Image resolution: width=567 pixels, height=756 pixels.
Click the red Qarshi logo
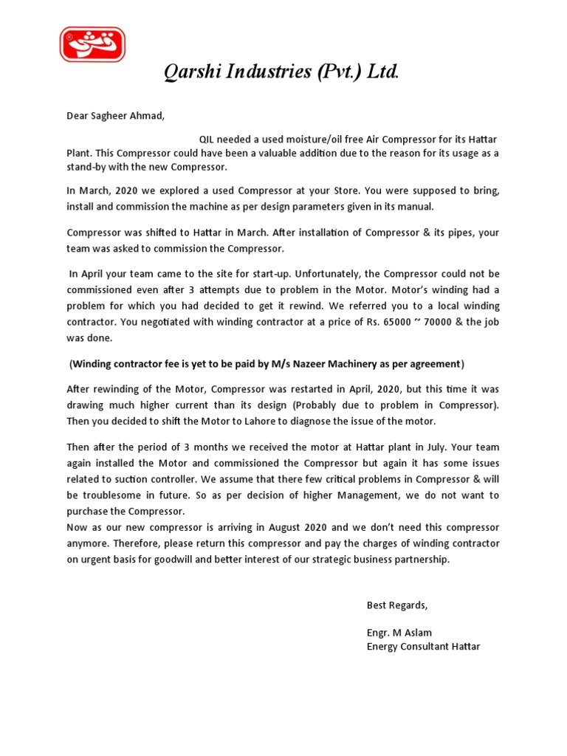click(x=92, y=44)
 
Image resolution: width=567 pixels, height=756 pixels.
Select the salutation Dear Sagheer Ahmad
click(x=116, y=115)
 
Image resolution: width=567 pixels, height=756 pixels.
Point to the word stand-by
click(x=87, y=167)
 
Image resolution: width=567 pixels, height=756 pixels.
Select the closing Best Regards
click(x=397, y=605)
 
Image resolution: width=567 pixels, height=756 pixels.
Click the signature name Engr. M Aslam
click(x=399, y=633)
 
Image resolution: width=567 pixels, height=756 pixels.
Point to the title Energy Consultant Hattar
click(x=423, y=647)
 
